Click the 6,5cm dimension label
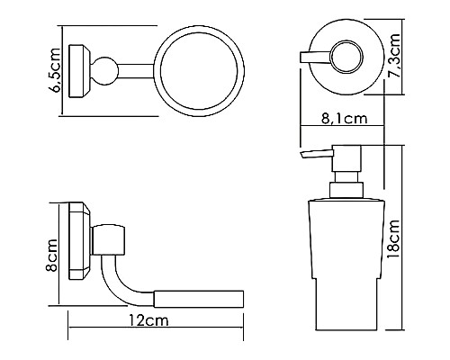[x=55, y=70]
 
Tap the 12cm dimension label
[x=148, y=320]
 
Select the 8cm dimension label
[x=51, y=256]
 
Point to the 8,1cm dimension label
[x=345, y=119]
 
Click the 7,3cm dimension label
[x=393, y=56]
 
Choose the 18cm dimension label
[x=393, y=239]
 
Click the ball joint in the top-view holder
[x=104, y=71]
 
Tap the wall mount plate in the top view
[x=79, y=71]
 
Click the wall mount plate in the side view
[x=79, y=241]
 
